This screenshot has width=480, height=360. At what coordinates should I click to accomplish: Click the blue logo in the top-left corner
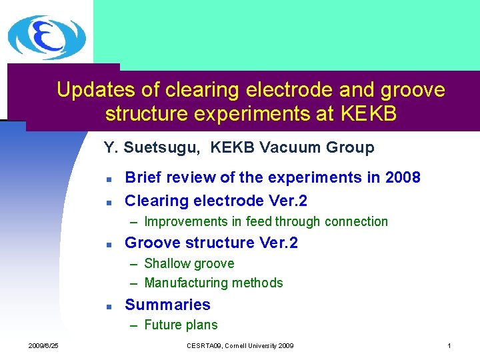[x=46, y=37]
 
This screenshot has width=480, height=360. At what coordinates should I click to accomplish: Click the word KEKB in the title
[x=369, y=114]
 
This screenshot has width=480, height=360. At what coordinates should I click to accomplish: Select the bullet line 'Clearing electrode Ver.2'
[x=215, y=200]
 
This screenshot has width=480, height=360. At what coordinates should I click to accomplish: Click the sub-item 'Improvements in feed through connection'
[x=265, y=221]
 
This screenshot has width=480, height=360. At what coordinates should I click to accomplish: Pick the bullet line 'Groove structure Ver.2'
[x=211, y=243]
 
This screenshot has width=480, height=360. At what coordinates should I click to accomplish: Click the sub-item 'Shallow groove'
[x=189, y=263]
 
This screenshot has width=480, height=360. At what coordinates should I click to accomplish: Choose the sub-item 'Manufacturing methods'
[x=213, y=283]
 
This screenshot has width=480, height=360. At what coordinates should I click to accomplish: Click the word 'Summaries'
[x=167, y=305]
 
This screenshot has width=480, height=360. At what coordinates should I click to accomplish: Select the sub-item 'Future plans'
[x=181, y=325]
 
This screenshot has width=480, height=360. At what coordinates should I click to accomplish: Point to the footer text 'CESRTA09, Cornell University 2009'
[x=240, y=345]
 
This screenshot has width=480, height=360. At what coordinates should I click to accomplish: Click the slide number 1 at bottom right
[x=449, y=345]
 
